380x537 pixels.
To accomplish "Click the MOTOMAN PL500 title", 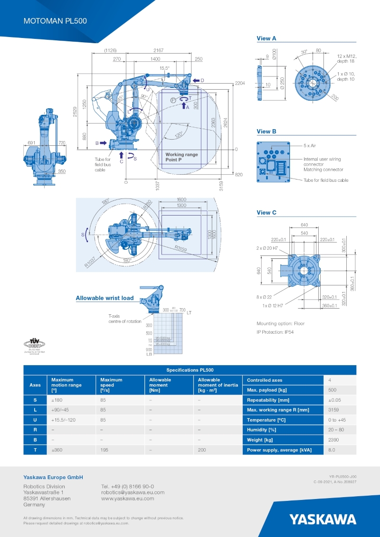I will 55,21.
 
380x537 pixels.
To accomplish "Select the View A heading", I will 266,38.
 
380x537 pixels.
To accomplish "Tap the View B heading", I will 266,132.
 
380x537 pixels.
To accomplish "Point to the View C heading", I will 266,213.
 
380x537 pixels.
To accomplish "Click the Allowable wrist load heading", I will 104,298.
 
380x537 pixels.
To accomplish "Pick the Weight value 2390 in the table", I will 333,440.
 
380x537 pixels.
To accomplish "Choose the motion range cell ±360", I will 57,450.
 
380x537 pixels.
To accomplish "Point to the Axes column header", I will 35,385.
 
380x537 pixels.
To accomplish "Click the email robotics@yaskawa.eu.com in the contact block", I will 133,492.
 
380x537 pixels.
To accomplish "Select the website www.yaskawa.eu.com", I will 127,499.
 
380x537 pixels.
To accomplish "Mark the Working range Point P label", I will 181,158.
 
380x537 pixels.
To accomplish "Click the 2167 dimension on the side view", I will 159,50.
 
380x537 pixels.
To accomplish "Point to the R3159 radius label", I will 181,248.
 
